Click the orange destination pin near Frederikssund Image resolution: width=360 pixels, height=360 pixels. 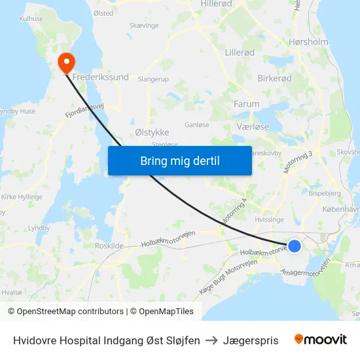pyautogui.click(x=67, y=62)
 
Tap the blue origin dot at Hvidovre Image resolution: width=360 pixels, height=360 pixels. pyautogui.click(x=295, y=246)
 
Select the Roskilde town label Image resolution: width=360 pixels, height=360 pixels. pyautogui.click(x=109, y=245)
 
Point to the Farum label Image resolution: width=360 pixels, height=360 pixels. pyautogui.click(x=247, y=103)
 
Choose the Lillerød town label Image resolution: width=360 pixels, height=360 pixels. pyautogui.click(x=239, y=52)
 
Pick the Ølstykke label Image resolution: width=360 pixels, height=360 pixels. pyautogui.click(x=152, y=132)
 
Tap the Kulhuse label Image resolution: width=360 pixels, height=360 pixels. pyautogui.click(x=31, y=19)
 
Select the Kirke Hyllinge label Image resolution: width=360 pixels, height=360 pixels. pyautogui.click(x=22, y=196)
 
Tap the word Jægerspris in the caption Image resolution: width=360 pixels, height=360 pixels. pyautogui.click(x=251, y=340)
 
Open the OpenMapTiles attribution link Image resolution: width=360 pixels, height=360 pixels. pyautogui.click(x=162, y=312)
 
